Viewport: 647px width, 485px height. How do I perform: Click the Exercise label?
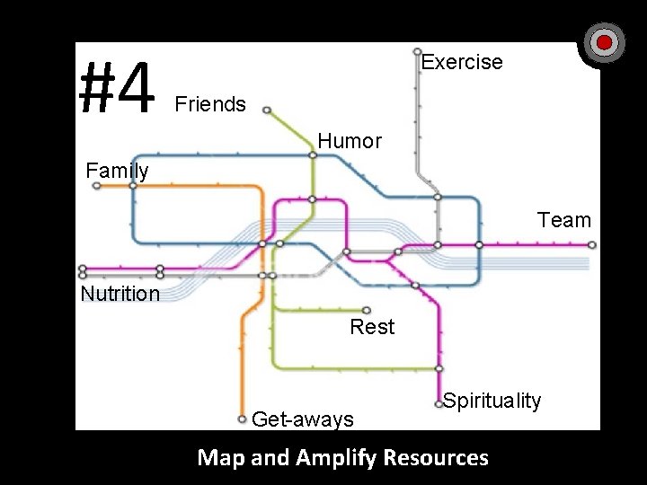coord(462,62)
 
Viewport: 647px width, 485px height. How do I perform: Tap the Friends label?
coord(210,104)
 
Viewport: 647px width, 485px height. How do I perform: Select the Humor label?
coord(350,141)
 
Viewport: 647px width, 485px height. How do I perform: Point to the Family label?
coord(117,170)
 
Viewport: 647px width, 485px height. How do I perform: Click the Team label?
coord(564,220)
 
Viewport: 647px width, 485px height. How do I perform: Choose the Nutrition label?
coord(120,294)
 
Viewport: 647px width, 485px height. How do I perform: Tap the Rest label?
coord(372,327)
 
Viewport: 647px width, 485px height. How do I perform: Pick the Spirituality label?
coord(492,401)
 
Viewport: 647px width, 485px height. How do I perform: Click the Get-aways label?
coord(303,419)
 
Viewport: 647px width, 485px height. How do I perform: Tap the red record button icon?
coord(605,42)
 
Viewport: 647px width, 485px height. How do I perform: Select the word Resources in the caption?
coord(436,457)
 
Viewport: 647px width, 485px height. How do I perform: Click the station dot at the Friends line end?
coord(267,110)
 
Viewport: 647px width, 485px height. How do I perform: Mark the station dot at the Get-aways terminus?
coord(242,419)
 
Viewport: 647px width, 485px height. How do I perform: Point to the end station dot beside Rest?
coord(367,310)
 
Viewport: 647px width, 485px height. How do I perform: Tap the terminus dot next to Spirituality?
coord(439,404)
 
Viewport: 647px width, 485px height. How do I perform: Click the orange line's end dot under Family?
coord(97,186)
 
